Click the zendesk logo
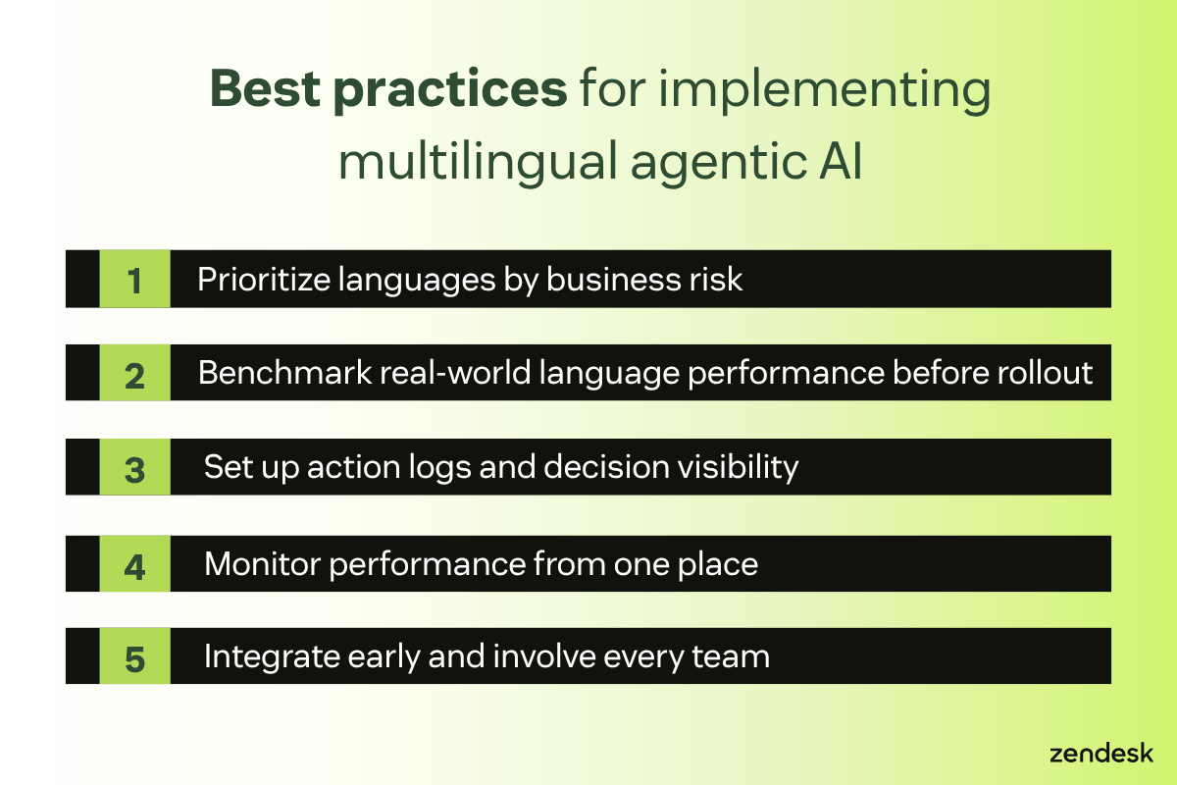pyautogui.click(x=1100, y=754)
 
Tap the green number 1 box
pyautogui.click(x=134, y=280)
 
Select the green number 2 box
pyautogui.click(x=134, y=374)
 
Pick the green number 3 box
pyautogui.click(x=134, y=468)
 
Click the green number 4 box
pyautogui.click(x=134, y=564)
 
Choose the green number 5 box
pyautogui.click(x=134, y=657)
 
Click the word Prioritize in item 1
pyautogui.click(x=263, y=280)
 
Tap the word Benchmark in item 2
pyautogui.click(x=272, y=374)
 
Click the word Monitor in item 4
pyautogui.click(x=264, y=564)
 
